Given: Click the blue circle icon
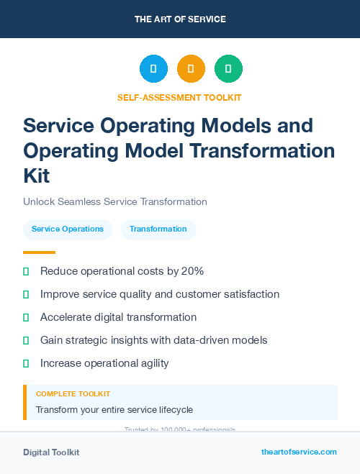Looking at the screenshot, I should click(x=153, y=68).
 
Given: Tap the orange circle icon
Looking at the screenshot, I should click(x=191, y=68).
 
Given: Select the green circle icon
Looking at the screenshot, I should click(x=228, y=68).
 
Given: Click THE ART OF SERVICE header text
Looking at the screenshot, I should click(x=180, y=19).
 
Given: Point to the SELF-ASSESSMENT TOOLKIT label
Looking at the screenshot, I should click(x=179, y=97).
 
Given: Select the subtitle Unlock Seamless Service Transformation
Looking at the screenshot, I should click(x=115, y=201).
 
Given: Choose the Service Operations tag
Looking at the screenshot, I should click(x=68, y=229).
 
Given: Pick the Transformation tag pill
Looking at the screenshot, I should click(x=158, y=229).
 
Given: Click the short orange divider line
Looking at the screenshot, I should click(x=39, y=252).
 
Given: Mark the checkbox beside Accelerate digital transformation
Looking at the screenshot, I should click(x=26, y=317).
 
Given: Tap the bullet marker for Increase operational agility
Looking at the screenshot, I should click(x=26, y=363).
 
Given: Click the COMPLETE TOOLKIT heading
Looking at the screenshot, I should click(x=73, y=394).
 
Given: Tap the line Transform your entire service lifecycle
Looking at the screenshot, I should click(x=114, y=410).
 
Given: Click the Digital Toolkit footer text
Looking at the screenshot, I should click(x=51, y=452).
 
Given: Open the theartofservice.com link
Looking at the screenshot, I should click(x=299, y=452).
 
